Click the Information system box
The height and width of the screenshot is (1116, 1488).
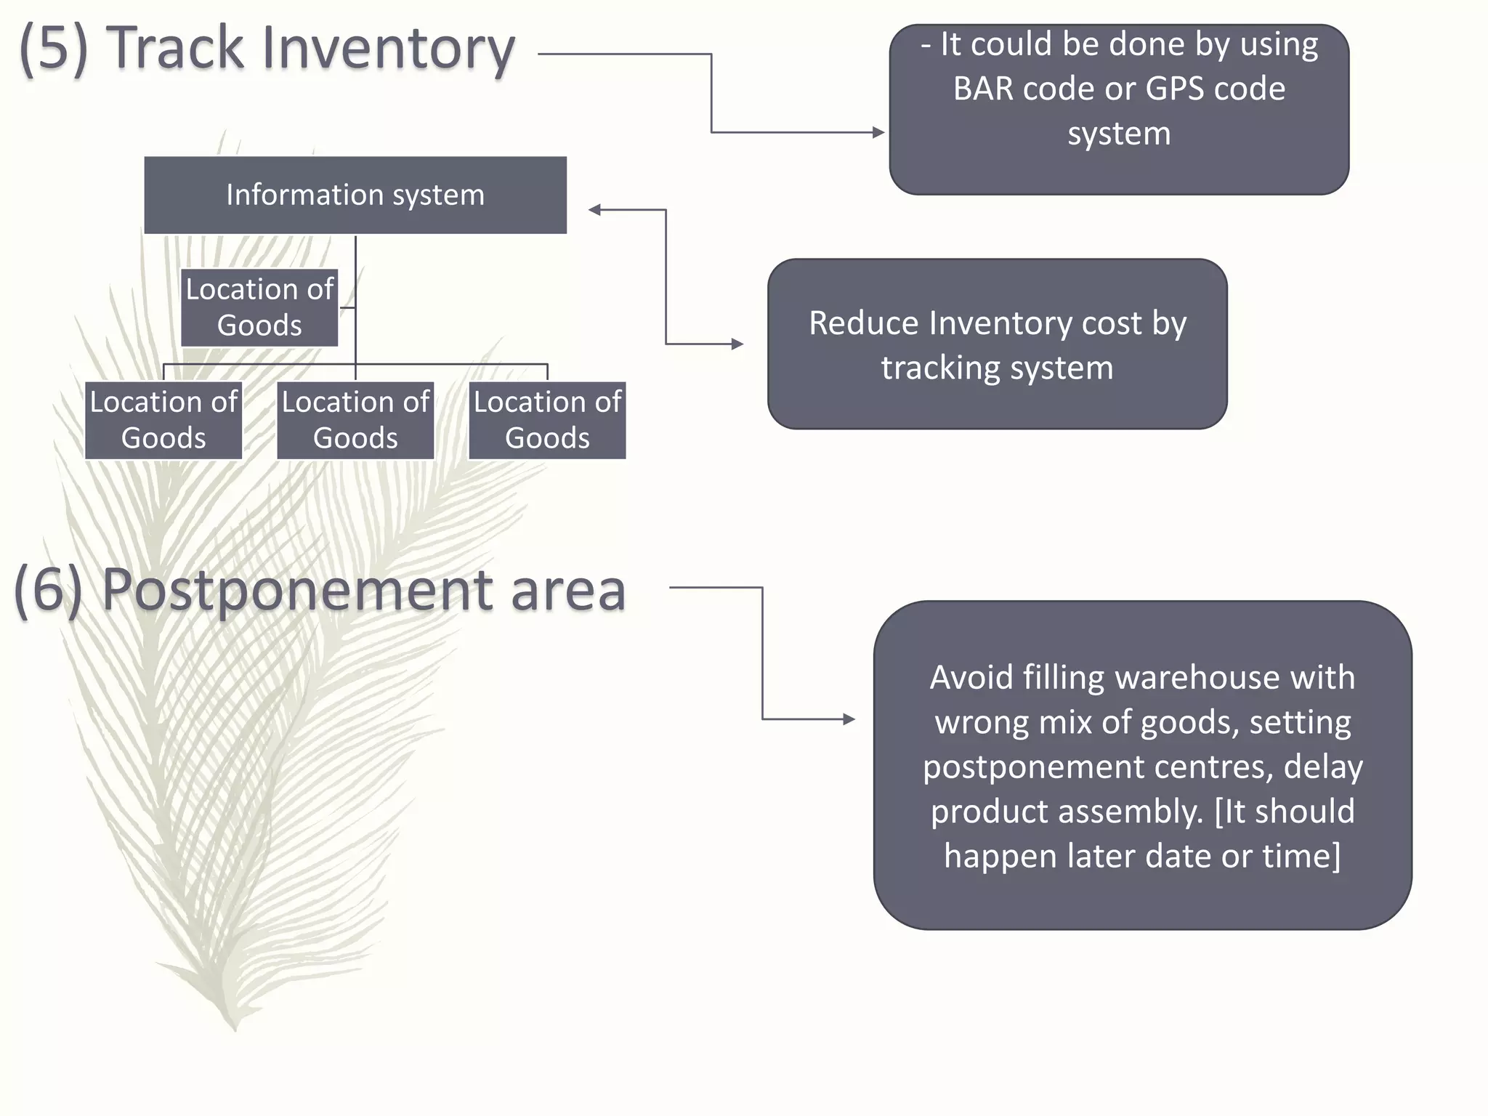(x=355, y=195)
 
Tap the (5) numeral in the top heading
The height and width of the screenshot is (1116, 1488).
(x=54, y=49)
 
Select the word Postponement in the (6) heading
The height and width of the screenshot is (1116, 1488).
(x=297, y=590)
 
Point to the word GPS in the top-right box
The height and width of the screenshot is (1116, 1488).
(x=1175, y=89)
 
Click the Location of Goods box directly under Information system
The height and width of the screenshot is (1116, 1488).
(x=259, y=307)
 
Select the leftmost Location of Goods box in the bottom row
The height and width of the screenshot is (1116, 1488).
(x=163, y=420)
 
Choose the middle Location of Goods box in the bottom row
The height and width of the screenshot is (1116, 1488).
(x=355, y=420)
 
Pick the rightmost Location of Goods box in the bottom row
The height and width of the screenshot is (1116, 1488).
(x=547, y=420)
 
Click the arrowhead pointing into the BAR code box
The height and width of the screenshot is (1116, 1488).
(x=879, y=132)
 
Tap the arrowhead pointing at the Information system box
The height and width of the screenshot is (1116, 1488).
(x=594, y=210)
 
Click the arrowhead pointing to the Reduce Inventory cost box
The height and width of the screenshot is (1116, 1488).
(x=738, y=344)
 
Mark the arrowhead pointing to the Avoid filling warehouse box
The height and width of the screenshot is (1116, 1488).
(x=849, y=719)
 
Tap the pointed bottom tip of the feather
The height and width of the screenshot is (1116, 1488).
(x=235, y=1027)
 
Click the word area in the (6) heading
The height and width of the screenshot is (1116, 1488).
(x=567, y=590)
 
